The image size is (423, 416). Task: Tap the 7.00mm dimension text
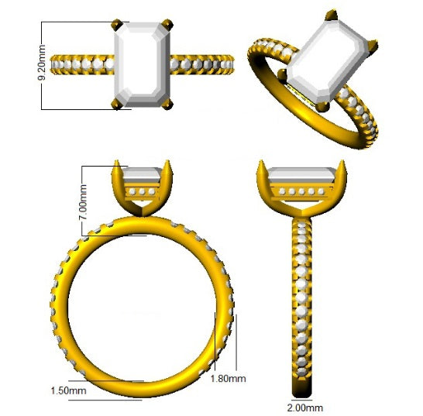(x=83, y=198)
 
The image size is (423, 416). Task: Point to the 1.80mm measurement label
(x=229, y=378)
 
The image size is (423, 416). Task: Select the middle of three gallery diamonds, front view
(x=141, y=191)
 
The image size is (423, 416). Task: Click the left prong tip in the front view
(x=117, y=164)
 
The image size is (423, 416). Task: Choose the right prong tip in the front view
(x=165, y=164)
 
